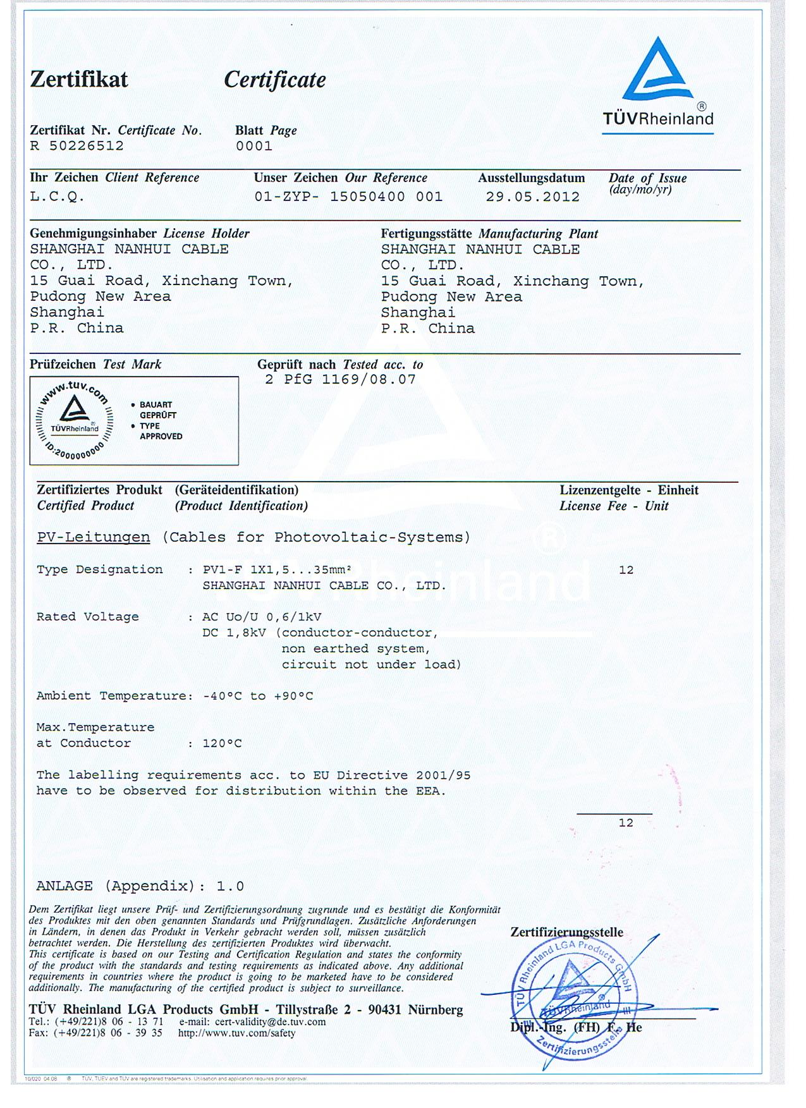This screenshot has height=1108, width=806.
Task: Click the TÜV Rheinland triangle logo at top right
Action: pos(656,71)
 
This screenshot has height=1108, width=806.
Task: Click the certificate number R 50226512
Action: pos(77,146)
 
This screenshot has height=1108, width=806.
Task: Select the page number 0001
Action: pos(254,146)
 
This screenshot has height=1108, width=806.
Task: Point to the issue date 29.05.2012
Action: pos(532,197)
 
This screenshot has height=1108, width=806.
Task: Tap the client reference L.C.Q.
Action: pos(57,197)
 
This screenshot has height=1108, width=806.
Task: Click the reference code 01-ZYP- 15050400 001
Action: pos(348,197)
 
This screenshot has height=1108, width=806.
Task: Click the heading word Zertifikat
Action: pos(79,80)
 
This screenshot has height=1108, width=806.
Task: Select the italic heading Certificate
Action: pos(275,80)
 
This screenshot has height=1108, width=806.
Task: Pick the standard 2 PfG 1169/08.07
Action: pos(340,380)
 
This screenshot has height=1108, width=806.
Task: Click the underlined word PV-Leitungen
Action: pos(94,538)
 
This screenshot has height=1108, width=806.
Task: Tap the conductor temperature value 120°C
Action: pos(222,743)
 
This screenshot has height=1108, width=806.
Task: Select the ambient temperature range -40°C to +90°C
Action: pos(258,696)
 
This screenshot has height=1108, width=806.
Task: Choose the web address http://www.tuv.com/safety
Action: pos(236,1033)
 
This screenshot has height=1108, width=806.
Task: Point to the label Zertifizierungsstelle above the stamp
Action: pos(566,932)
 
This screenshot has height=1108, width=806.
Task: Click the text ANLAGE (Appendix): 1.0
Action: pos(140,886)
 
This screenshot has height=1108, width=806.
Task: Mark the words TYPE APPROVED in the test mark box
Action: pos(161,431)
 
